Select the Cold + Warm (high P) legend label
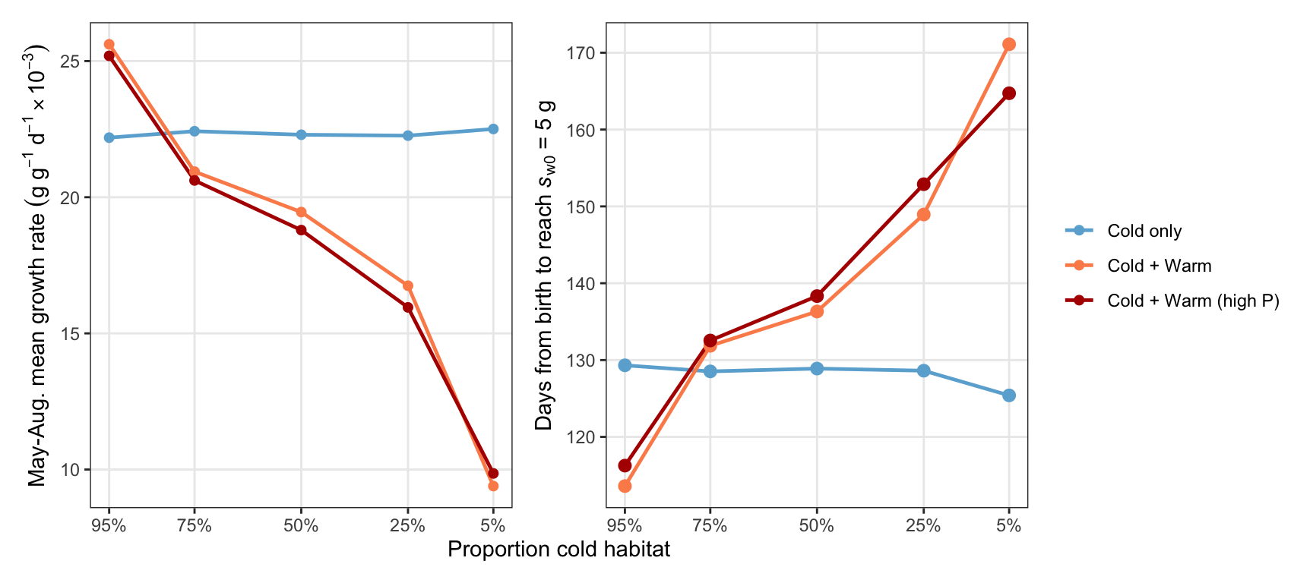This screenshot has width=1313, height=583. [1193, 301]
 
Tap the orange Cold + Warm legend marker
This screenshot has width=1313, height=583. [1079, 266]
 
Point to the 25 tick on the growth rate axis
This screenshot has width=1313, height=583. [71, 61]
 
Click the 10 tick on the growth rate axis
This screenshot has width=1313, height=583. [71, 470]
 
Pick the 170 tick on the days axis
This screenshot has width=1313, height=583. [581, 53]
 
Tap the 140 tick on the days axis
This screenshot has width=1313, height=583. [581, 284]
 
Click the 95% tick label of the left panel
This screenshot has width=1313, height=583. [109, 526]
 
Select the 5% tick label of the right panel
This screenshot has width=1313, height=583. [1009, 526]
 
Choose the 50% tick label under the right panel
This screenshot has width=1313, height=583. [817, 526]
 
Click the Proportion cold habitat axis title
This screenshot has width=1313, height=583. [559, 550]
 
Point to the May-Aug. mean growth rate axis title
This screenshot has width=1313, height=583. [38, 265]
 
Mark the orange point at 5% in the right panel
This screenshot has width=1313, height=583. [1009, 44]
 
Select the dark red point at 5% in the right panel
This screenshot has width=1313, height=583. [1009, 93]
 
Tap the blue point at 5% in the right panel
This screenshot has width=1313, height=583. [1009, 395]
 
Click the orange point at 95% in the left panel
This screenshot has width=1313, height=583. [109, 44]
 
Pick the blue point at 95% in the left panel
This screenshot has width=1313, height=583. [109, 137]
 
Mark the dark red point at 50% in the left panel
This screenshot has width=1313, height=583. [301, 230]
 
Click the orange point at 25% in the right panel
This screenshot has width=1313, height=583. [923, 214]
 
